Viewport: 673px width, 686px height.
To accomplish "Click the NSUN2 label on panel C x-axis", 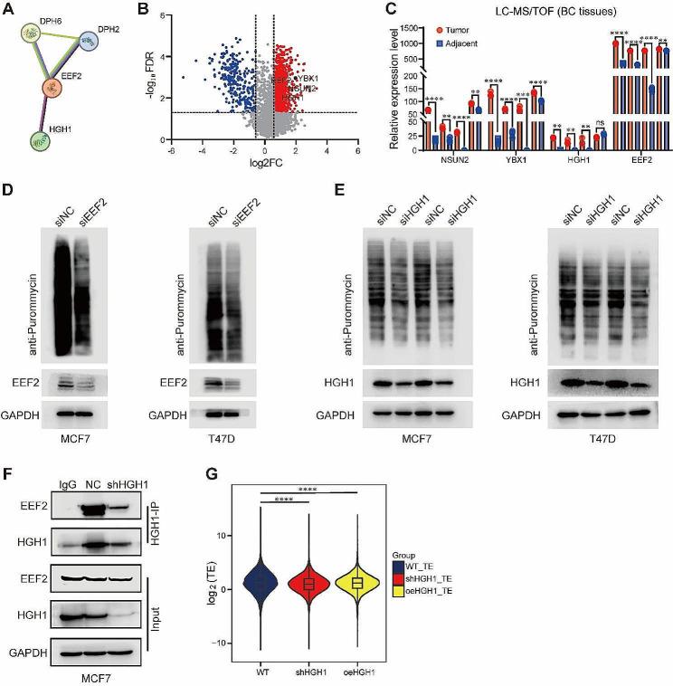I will pos(442,164).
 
